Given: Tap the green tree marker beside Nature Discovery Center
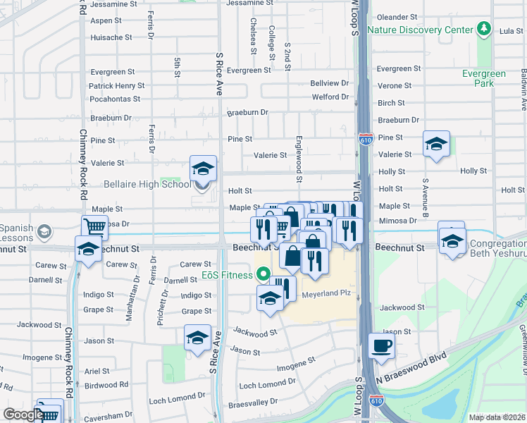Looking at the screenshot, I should [x=483, y=29].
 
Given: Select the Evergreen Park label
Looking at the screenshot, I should [x=484, y=78].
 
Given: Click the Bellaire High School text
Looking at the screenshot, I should [x=147, y=185].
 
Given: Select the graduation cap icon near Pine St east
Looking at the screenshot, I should [x=436, y=145].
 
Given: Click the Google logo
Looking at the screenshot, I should [x=23, y=415].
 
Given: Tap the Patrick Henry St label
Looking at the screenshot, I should [x=116, y=86].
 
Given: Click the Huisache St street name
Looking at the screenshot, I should [x=111, y=37].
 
